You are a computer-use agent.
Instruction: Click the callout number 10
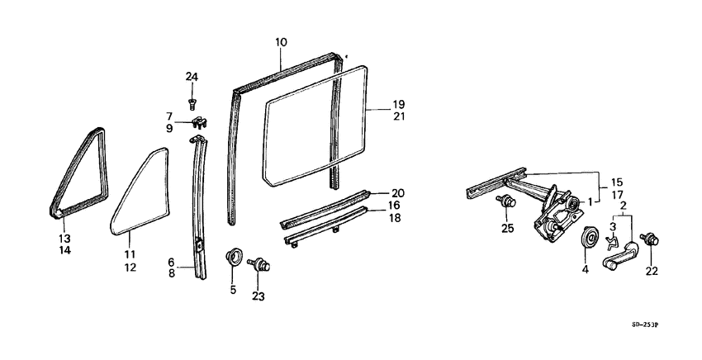point(281,43)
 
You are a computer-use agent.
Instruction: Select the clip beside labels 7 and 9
point(201,123)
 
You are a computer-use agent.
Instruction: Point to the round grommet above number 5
point(233,257)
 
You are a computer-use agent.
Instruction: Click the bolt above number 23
point(259,263)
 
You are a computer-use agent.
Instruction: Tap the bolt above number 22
point(650,239)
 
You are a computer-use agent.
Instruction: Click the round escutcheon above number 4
point(589,237)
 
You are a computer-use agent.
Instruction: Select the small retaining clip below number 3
point(612,243)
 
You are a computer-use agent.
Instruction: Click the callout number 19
point(398,105)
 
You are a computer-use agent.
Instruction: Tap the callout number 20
point(398,193)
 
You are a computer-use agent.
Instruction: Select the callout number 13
point(64,238)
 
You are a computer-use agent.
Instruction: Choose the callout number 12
point(130,268)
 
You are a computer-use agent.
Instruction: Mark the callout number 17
point(616,195)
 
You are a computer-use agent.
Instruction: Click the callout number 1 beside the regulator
point(590,202)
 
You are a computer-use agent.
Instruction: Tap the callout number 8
point(172,272)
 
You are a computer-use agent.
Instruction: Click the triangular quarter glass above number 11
point(140,192)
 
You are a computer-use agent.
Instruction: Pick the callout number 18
point(395,218)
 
